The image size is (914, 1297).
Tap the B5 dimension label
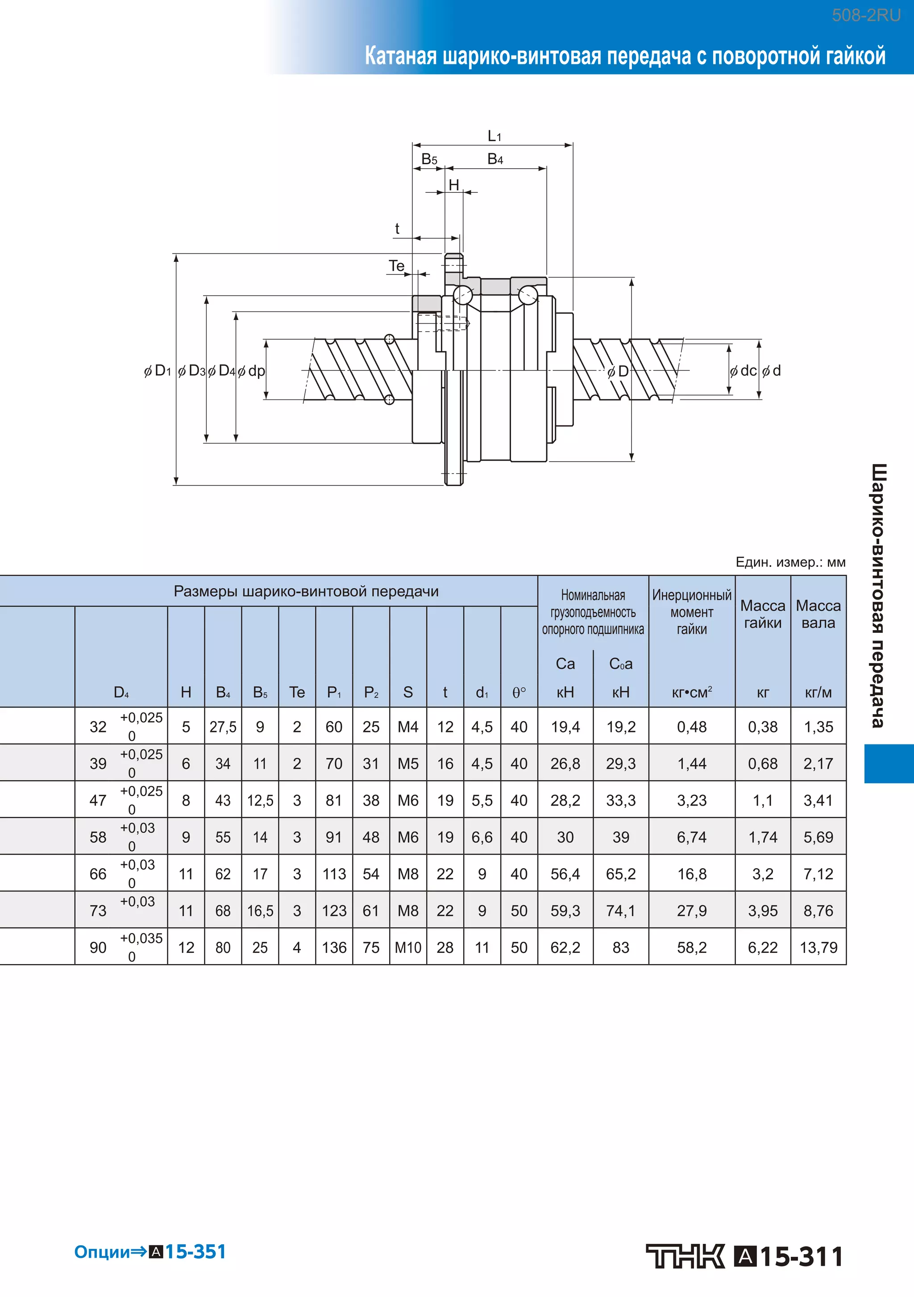429,159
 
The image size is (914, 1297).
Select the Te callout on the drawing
397,266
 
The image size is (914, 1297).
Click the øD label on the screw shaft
618,371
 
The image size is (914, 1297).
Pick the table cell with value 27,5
223,727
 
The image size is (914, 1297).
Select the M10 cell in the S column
408,948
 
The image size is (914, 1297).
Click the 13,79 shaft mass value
818,948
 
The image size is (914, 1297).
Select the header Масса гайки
763,614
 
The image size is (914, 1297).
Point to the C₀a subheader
620,664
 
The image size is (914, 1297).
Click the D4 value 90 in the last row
98,948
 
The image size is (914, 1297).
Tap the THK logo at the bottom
685,1256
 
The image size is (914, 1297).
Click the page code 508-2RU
866,15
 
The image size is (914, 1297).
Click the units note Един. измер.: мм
790,562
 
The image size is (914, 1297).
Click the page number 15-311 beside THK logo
801,1256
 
